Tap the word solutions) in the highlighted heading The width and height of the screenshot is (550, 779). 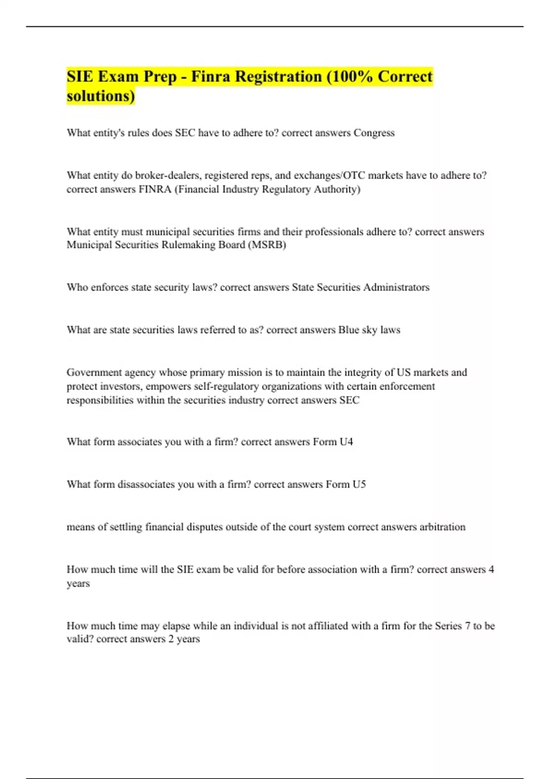pos(101,96)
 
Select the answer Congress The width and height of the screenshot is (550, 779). pos(374,133)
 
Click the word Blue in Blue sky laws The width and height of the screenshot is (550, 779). pos(348,330)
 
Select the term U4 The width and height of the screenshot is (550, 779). pos(346,442)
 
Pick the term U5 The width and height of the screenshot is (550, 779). pos(359,484)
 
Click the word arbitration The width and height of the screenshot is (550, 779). pos(442,527)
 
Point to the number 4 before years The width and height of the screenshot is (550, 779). pos(491,570)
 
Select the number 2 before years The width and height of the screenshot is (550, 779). pos(170,639)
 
